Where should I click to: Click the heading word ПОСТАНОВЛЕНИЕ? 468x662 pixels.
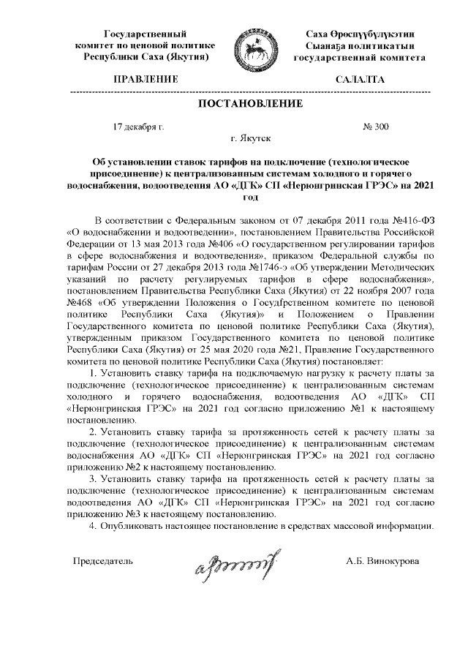click(252, 104)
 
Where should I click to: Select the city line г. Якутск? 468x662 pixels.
click(251, 138)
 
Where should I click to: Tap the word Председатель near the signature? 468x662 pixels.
click(102, 561)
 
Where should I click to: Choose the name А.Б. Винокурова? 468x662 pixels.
click(383, 561)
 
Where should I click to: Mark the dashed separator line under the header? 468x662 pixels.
click(252, 91)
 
